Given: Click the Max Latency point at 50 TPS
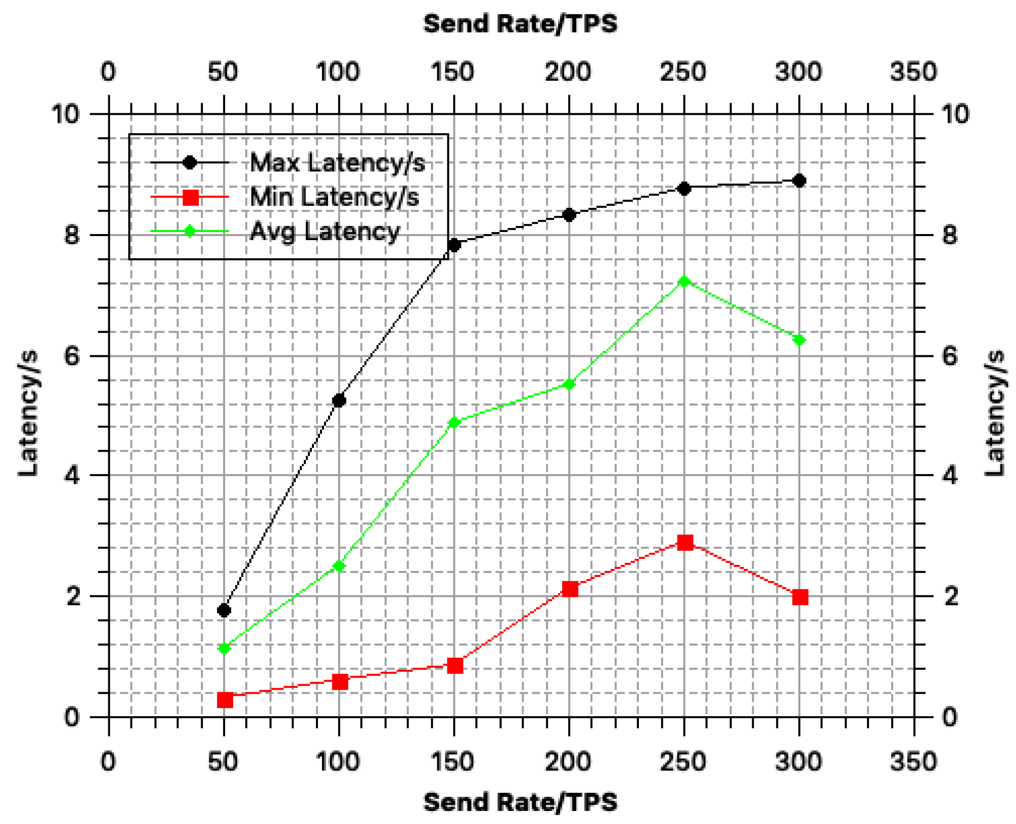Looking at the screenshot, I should (x=224, y=610).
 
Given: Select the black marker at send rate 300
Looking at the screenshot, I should (x=799, y=180).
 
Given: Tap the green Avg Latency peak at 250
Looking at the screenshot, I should (x=684, y=281).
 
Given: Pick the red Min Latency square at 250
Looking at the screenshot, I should (x=685, y=542).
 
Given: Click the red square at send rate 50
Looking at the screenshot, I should (x=225, y=699).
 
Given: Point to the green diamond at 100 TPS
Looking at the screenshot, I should (x=339, y=566).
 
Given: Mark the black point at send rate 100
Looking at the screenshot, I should (x=339, y=400).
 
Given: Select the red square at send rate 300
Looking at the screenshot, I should (x=800, y=597).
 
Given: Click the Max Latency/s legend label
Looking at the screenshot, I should (x=337, y=162).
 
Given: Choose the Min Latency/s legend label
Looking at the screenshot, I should (x=334, y=197).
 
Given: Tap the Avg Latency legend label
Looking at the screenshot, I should (x=324, y=231).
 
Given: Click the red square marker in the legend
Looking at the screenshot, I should (x=191, y=197).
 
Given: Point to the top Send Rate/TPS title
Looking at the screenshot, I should (x=520, y=24).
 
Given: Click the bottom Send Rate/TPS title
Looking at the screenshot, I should (x=520, y=801).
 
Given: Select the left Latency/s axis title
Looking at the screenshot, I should (x=28, y=413).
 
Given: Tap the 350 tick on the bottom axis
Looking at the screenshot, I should (x=913, y=761).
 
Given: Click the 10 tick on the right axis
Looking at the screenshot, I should (x=955, y=114).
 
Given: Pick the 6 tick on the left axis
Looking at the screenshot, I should (x=72, y=356).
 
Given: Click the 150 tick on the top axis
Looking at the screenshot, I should (x=452, y=72).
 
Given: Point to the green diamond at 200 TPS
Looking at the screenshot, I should (x=569, y=384).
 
